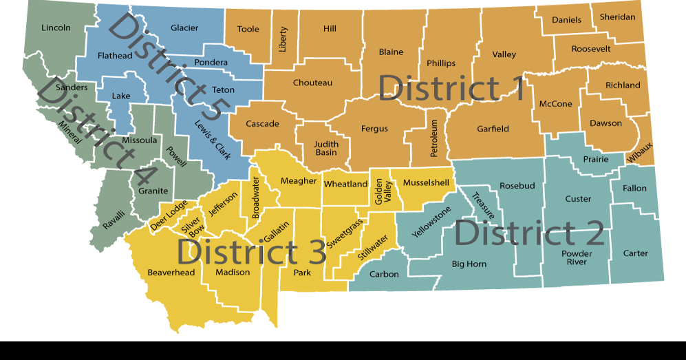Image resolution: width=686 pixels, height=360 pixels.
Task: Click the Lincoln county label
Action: click(56, 28)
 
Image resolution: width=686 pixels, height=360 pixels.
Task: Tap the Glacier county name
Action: click(184, 28)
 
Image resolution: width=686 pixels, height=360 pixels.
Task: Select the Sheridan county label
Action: click(617, 17)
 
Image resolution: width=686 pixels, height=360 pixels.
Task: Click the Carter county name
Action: click(635, 253)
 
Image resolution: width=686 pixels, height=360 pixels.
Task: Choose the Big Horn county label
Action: click(469, 264)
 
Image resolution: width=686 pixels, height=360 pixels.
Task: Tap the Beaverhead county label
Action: click(171, 273)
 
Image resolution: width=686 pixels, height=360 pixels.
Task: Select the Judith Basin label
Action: click(326, 148)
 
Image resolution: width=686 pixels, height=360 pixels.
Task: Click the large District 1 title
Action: click(451, 89)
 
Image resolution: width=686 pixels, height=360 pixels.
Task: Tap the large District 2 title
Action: click(528, 233)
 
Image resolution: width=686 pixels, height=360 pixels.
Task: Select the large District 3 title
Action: click(251, 252)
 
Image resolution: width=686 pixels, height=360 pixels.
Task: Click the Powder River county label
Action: click(577, 257)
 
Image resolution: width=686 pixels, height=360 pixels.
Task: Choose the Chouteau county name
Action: click(312, 83)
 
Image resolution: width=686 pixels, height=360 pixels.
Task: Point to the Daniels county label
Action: click(566, 20)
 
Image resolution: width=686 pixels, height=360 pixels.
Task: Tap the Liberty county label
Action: click(283, 40)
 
